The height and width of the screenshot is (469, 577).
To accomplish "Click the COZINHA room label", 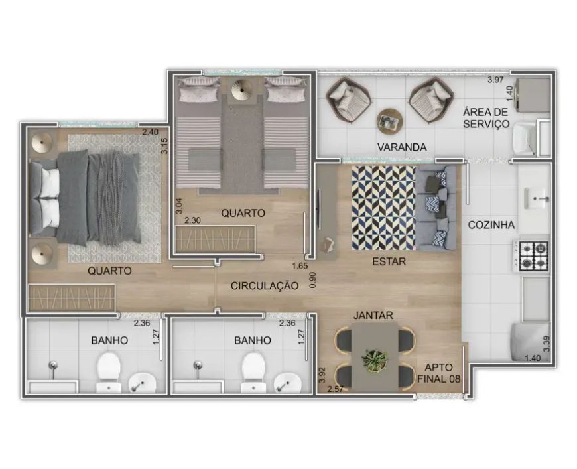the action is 491,225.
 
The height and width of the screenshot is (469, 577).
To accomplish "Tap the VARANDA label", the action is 402,147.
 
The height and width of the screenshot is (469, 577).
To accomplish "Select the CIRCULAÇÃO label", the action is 265,286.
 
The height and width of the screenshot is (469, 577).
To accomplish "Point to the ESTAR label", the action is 389,262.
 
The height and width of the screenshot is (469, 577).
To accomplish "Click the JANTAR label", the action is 373,316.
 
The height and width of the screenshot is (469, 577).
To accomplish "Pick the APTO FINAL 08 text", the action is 438,373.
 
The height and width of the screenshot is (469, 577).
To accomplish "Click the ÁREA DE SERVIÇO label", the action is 485,118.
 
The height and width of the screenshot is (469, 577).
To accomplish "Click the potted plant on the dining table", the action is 375,358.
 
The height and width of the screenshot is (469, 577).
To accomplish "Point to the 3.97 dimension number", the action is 495,80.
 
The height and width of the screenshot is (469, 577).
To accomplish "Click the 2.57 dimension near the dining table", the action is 335,389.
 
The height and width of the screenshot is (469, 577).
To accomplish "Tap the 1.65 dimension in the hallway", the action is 300,266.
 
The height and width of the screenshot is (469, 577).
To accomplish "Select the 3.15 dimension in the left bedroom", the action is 164,145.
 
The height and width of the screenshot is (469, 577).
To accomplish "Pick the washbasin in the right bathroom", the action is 288,383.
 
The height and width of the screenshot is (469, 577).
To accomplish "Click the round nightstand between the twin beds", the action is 242,89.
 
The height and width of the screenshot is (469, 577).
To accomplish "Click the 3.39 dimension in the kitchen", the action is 547,344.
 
